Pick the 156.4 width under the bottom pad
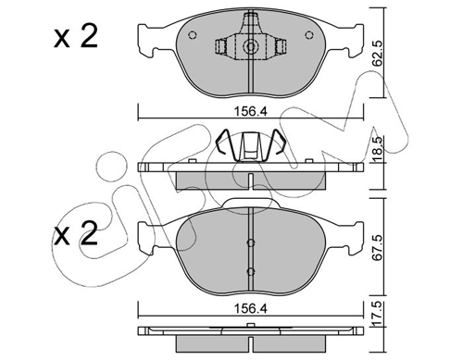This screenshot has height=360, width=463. pos(250,299)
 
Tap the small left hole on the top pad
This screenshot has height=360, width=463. pos(193,36)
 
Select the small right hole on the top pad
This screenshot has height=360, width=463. pos(308,36)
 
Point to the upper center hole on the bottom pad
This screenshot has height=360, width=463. pos(251,243)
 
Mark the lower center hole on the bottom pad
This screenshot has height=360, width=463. pos(251,271)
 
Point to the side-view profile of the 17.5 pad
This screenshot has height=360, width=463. pos(250,334)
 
